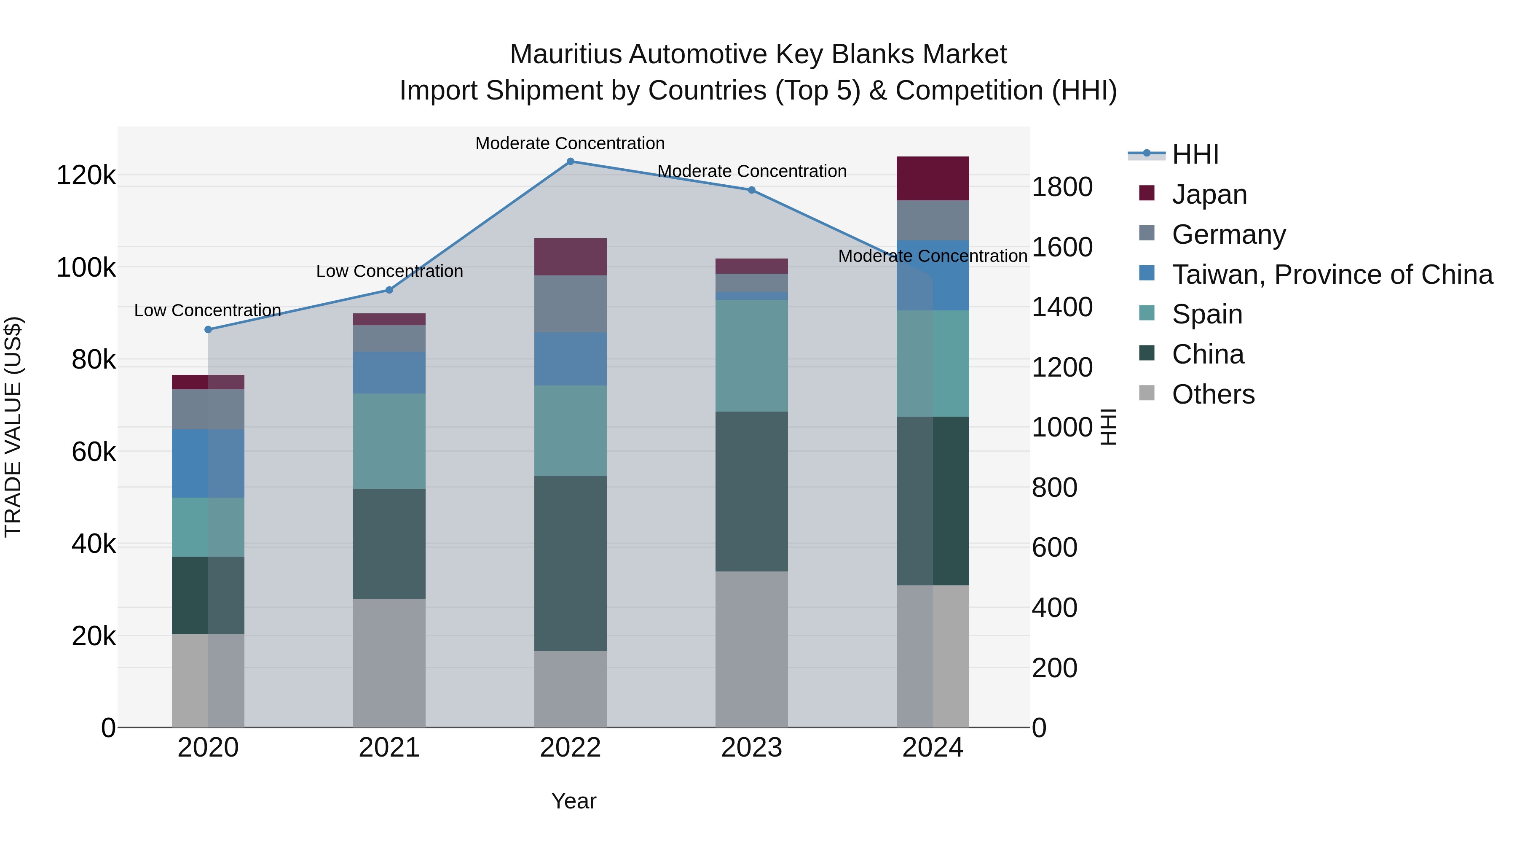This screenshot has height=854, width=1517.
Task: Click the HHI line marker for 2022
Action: coord(570,162)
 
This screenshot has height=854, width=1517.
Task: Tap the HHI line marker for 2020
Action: coord(208,329)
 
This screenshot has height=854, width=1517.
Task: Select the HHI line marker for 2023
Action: coord(751,190)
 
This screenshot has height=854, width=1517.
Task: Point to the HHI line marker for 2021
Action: coord(389,290)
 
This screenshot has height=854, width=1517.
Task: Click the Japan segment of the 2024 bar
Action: coord(933,178)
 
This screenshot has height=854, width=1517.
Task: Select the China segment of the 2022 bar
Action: coord(570,563)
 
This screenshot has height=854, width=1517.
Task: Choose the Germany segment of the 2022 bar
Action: coord(570,304)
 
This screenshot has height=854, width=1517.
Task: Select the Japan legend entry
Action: coord(1209,194)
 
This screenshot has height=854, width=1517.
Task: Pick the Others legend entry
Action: coord(1213,394)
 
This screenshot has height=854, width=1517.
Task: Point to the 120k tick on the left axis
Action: coord(86,175)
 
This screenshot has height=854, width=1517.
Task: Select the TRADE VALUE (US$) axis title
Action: coord(13,427)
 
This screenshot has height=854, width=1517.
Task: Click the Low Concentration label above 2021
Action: coord(389,271)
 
